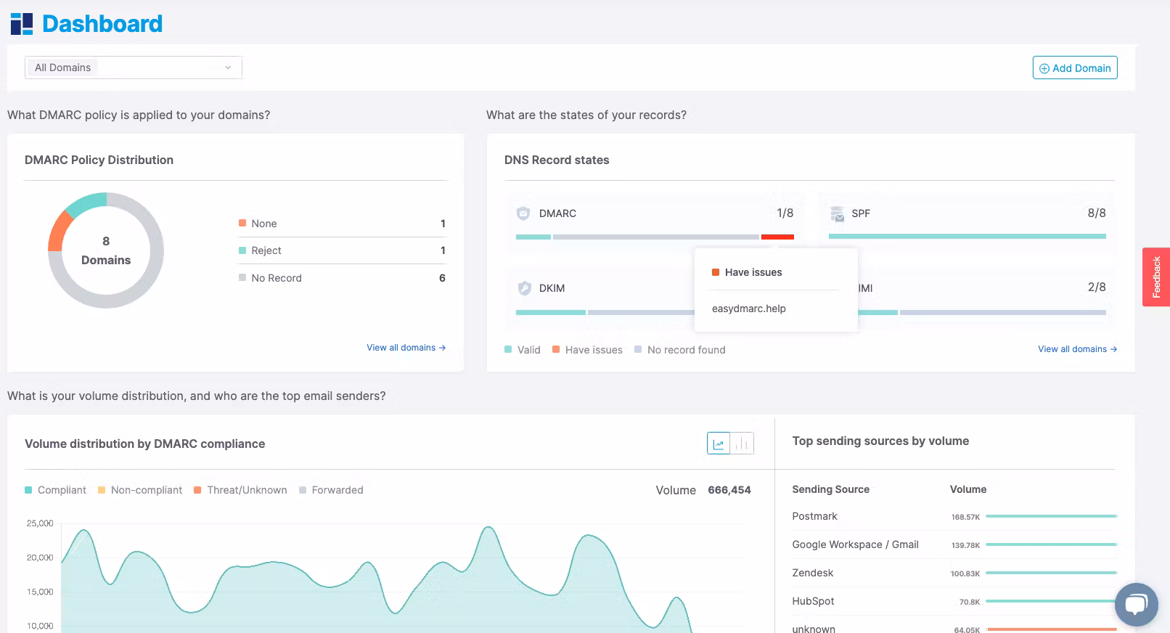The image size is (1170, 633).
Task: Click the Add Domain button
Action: (1075, 68)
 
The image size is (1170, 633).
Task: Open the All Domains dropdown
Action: (134, 68)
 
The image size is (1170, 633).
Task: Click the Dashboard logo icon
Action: (22, 24)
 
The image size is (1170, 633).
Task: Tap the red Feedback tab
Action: (1156, 277)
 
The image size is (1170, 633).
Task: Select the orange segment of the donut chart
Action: (59, 230)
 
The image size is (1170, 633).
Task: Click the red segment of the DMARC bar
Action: (777, 237)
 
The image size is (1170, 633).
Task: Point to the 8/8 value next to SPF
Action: (1097, 213)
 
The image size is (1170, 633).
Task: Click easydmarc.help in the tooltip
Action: (748, 309)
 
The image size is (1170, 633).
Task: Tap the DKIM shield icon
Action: (525, 287)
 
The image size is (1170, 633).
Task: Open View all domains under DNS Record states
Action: (1077, 349)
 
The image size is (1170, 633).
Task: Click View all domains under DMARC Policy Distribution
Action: (406, 348)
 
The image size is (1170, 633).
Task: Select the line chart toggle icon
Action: (719, 444)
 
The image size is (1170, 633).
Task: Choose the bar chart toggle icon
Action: (742, 444)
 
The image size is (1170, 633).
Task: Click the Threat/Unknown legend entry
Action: (240, 490)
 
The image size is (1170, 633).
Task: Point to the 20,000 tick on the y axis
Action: (40, 558)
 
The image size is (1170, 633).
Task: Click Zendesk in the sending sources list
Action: (812, 573)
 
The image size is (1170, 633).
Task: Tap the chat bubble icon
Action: (1136, 604)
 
